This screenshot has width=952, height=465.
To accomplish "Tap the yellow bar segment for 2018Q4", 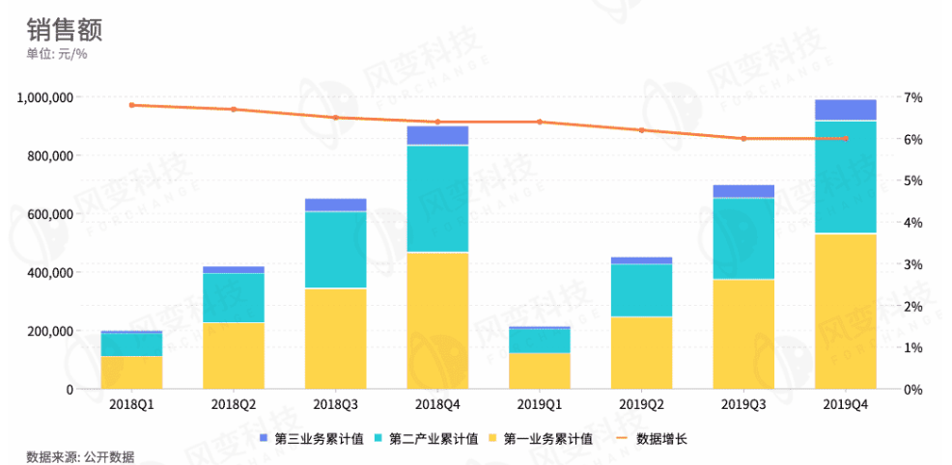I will pyautogui.click(x=437, y=319).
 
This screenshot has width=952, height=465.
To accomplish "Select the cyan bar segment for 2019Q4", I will pyautogui.click(x=846, y=177).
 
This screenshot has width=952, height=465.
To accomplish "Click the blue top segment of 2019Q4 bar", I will pyautogui.click(x=846, y=110).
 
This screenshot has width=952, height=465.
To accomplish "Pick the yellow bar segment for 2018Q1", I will pyautogui.click(x=131, y=372).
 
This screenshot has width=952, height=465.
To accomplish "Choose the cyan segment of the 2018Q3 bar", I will pyautogui.click(x=335, y=249).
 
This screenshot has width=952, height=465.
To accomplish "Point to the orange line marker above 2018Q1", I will pyautogui.click(x=131, y=105).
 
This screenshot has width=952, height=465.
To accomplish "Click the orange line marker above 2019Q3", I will pyautogui.click(x=743, y=139).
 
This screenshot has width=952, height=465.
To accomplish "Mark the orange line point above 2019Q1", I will pyautogui.click(x=540, y=122).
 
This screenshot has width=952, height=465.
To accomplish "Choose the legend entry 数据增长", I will pyautogui.click(x=660, y=439).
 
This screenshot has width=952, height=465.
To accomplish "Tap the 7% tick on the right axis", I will pyautogui.click(x=913, y=97).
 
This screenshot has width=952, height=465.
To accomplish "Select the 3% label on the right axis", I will pyautogui.click(x=913, y=264).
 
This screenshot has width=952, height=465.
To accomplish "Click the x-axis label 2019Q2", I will pyautogui.click(x=642, y=405).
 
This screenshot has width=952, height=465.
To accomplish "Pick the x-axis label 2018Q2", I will pyautogui.click(x=233, y=405).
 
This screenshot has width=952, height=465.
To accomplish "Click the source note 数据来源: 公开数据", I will pyautogui.click(x=80, y=456).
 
